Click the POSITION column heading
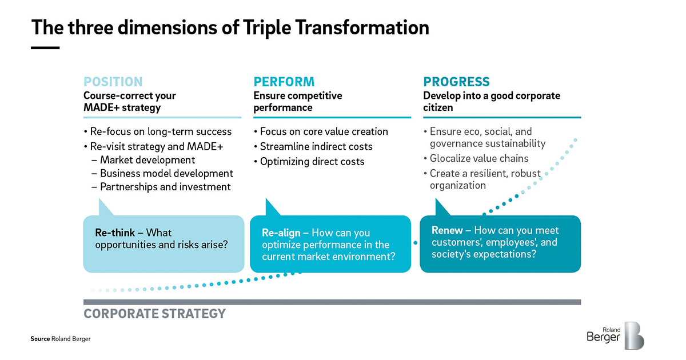(113, 82)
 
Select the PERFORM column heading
(284, 82)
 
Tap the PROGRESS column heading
(456, 82)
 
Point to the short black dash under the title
(45, 48)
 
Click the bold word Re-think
(115, 233)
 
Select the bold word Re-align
(281, 233)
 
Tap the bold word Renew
(447, 230)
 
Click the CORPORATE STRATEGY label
(155, 314)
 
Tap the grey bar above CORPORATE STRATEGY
(332, 302)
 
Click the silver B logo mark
(634, 335)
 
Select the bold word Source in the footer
(40, 339)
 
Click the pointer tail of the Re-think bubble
(105, 207)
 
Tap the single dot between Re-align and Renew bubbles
(415, 243)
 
